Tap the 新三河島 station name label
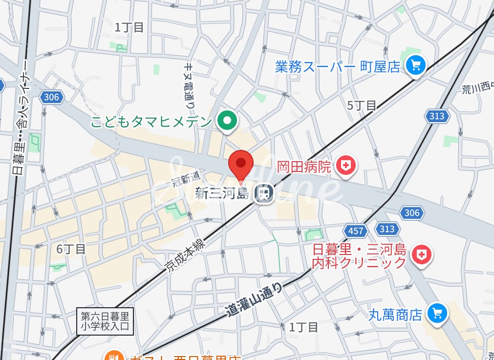(x=222, y=194)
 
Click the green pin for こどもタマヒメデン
(x=227, y=120)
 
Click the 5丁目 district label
(x=362, y=105)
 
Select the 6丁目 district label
(x=71, y=249)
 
